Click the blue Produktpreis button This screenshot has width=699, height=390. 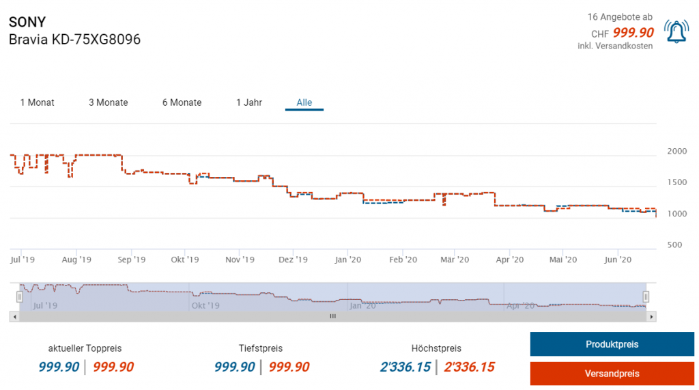(612, 344)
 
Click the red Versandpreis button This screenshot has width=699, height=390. (612, 374)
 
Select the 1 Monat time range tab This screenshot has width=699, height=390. (37, 102)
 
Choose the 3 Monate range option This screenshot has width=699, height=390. (108, 102)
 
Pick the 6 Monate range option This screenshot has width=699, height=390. (182, 102)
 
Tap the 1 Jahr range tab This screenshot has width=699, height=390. (249, 102)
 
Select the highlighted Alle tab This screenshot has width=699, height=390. (304, 102)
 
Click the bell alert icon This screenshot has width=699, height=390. (676, 31)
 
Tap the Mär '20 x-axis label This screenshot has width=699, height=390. (455, 260)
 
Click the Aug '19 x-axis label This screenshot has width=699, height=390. (76, 260)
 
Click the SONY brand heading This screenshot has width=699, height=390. (27, 22)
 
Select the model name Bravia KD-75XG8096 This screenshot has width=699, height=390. (74, 40)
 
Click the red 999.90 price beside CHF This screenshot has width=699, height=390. (633, 33)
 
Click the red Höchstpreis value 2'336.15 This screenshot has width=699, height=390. (469, 367)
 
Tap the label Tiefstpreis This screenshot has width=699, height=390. (261, 348)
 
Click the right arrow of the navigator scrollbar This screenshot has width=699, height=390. (652, 316)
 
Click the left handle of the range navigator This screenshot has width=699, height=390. (19, 296)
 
